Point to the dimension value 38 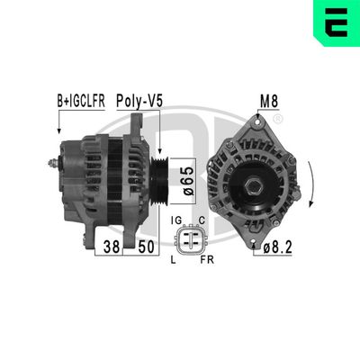pos(112,246)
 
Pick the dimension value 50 pos(141,246)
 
